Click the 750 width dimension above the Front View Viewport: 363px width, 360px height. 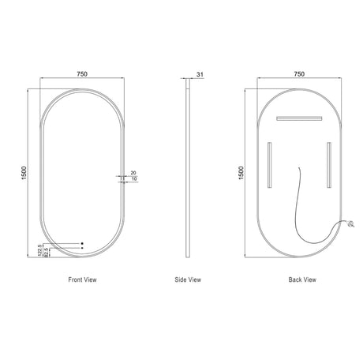81,74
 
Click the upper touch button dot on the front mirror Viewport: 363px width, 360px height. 81,242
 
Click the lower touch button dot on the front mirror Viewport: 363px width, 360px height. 81,249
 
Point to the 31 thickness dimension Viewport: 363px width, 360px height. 200,75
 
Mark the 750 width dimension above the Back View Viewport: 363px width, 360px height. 299,74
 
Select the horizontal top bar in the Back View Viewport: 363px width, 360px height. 299,118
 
